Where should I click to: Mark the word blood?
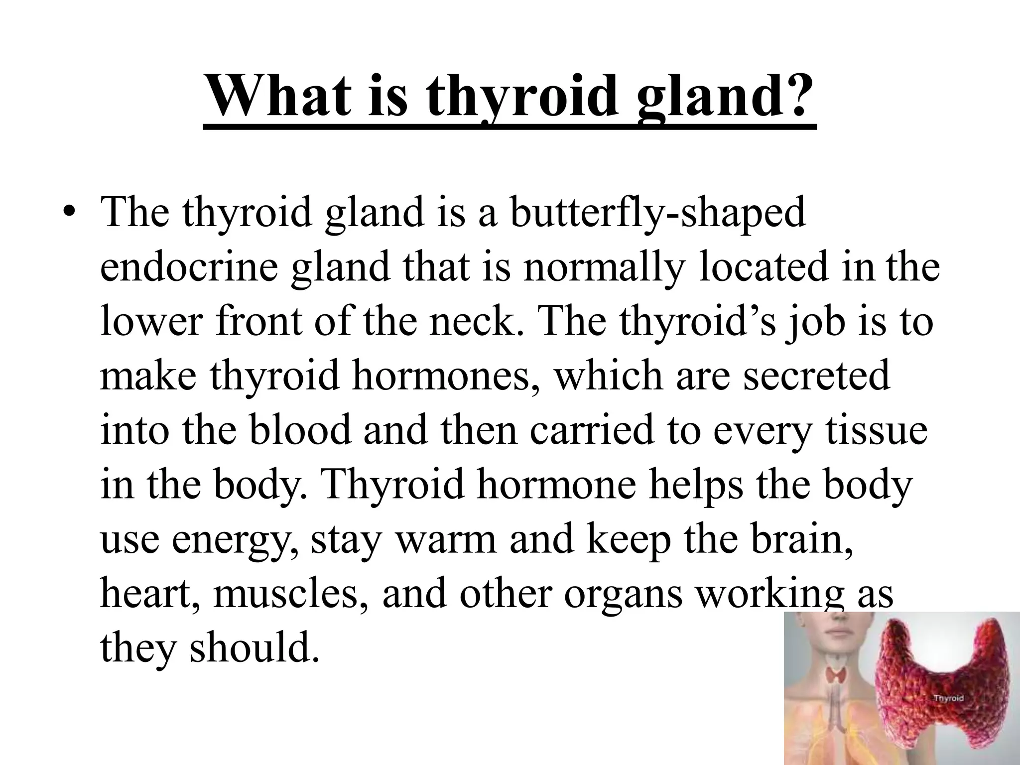[x=301, y=429]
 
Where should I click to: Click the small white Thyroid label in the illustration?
[x=948, y=698]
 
